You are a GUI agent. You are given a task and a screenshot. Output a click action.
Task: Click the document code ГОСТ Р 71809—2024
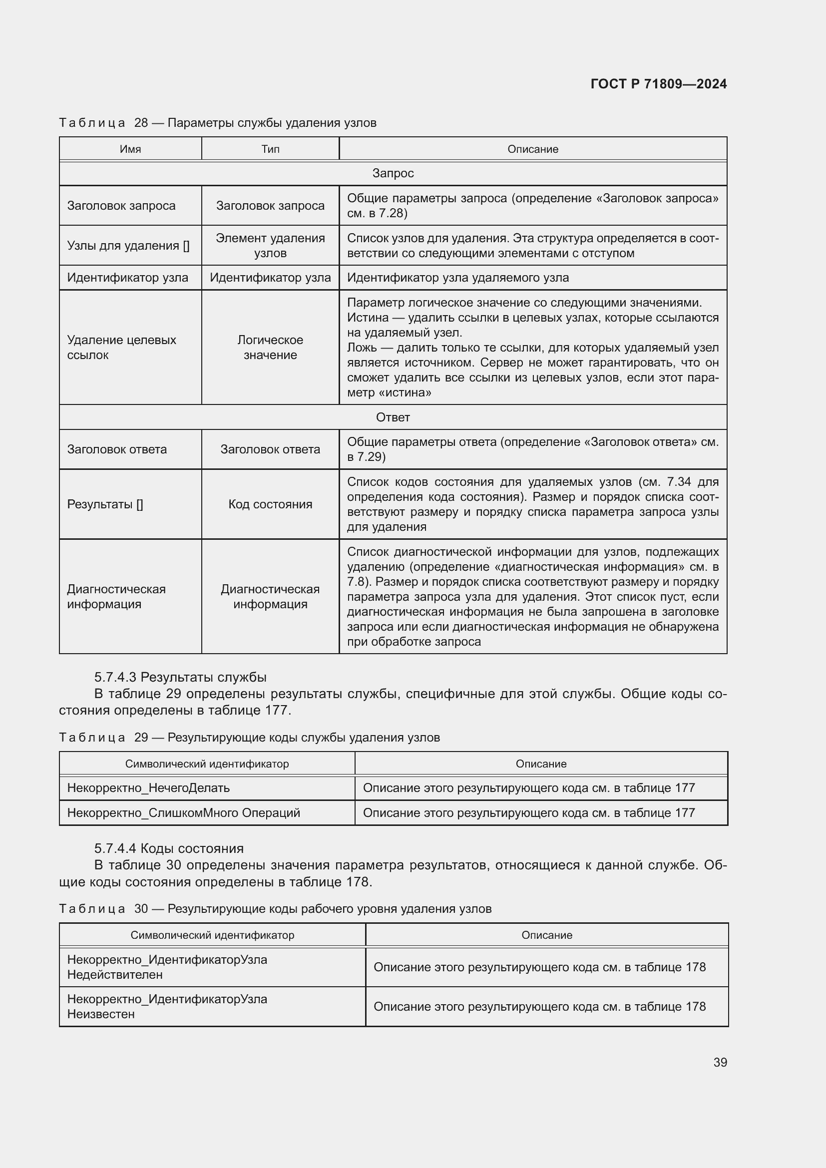[658, 84]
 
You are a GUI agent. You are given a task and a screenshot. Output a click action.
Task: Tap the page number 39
[720, 1063]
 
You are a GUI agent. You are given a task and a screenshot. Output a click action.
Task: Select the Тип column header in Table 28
[270, 149]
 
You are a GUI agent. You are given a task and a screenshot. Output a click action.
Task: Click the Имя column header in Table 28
[130, 149]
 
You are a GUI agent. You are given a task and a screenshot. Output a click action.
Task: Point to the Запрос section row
[393, 173]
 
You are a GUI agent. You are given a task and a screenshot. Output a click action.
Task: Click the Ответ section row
[393, 417]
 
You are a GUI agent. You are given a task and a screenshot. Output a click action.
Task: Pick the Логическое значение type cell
[270, 348]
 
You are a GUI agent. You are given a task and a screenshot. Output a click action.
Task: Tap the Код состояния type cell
[270, 504]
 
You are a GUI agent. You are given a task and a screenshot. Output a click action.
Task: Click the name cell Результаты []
[105, 504]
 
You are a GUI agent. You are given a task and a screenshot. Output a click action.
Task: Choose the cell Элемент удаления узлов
[270, 246]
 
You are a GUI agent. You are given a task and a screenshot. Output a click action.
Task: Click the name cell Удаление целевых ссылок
[121, 348]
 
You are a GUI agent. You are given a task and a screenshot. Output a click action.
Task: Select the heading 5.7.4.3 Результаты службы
[180, 677]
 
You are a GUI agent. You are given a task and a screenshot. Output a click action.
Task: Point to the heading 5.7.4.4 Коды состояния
[169, 848]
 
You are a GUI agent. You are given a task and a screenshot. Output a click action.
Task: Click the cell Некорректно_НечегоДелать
[148, 788]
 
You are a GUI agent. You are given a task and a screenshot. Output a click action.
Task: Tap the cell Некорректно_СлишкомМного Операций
[184, 813]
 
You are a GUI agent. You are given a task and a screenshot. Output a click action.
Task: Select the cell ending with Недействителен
[167, 967]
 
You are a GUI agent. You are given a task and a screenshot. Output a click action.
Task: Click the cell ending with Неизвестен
[167, 1006]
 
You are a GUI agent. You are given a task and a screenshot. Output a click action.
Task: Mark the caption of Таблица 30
[275, 908]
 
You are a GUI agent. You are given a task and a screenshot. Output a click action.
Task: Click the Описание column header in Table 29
[541, 764]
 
